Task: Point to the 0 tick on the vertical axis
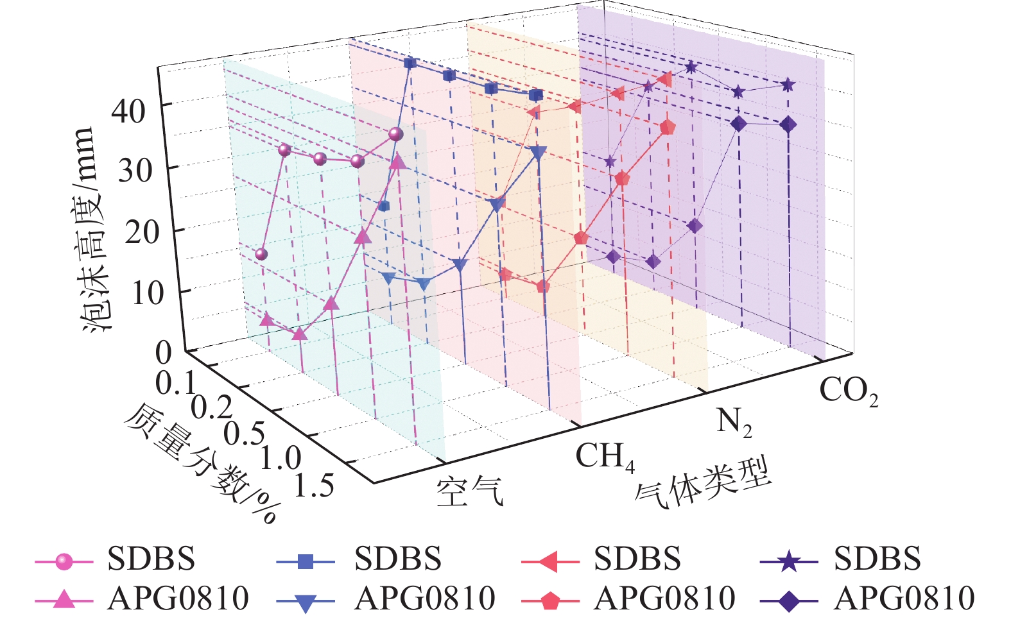(x=164, y=352)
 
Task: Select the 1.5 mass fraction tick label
(x=314, y=486)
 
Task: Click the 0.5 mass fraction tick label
(x=244, y=434)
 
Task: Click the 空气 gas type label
(x=470, y=492)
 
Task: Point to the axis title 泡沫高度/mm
(x=90, y=229)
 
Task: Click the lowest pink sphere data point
(x=261, y=255)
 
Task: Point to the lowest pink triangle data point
(x=299, y=334)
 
